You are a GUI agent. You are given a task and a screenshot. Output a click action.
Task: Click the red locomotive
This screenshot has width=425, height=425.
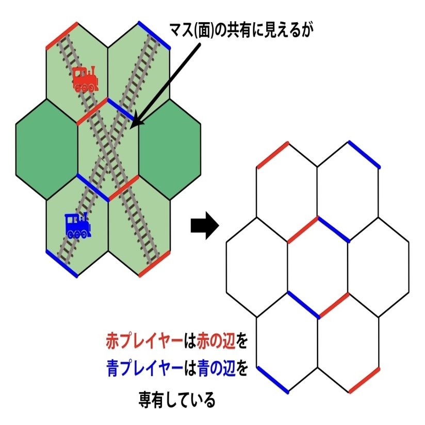click(x=85, y=79)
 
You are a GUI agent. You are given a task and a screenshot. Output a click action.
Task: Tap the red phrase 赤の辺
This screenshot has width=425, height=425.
click(x=214, y=341)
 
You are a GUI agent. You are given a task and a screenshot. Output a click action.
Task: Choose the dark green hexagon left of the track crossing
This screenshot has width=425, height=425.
click(x=46, y=150)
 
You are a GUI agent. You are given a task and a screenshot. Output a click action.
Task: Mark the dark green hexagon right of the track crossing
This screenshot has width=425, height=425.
click(x=170, y=150)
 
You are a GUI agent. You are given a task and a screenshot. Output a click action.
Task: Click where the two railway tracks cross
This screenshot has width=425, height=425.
click(x=108, y=150)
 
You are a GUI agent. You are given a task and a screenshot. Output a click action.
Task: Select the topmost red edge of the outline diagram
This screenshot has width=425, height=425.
click(x=272, y=155)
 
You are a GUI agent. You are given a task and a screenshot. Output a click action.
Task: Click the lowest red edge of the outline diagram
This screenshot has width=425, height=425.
click(x=364, y=381)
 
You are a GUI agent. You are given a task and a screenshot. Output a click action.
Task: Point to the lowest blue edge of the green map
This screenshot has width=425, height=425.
click(x=62, y=264)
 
